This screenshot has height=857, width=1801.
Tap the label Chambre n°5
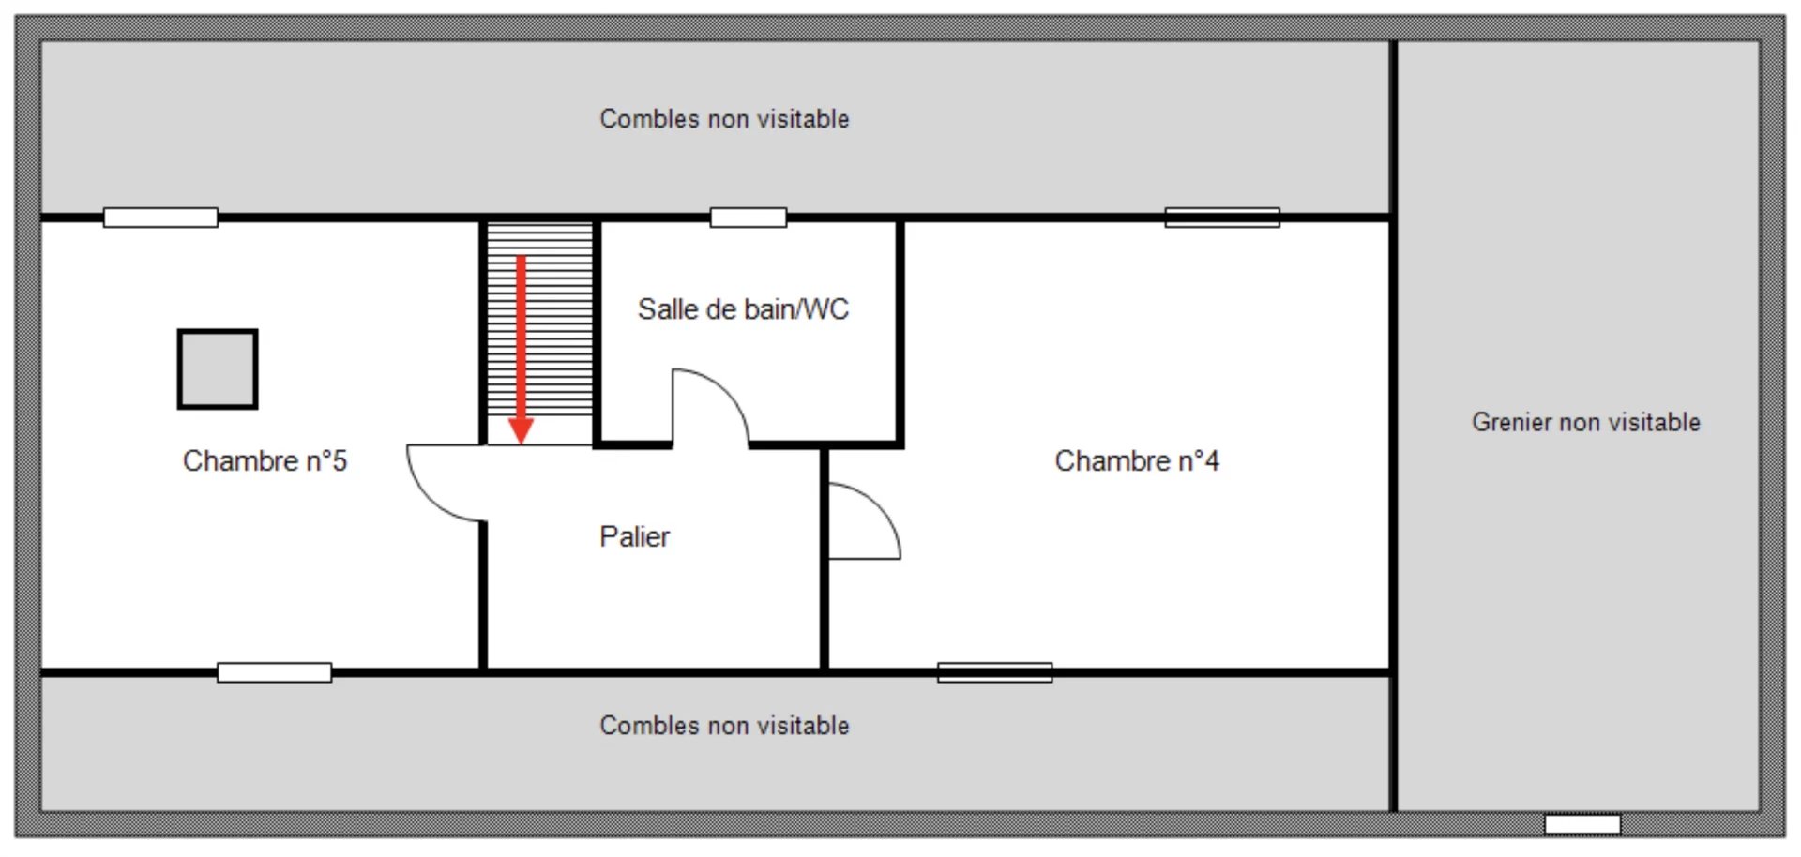tap(265, 460)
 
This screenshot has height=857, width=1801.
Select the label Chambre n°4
tap(1137, 460)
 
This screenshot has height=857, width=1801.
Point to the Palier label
tap(634, 536)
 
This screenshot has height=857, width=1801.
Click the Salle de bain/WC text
tap(743, 308)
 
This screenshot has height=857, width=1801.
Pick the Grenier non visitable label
tap(1585, 422)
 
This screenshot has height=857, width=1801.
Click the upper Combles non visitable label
tap(724, 119)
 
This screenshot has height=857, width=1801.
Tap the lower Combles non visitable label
tap(724, 726)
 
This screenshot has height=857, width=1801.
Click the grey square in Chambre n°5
tap(218, 368)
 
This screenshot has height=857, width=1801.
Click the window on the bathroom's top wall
tap(748, 218)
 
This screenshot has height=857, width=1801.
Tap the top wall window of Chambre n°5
tap(160, 218)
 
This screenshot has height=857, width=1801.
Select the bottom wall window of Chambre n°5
tap(274, 672)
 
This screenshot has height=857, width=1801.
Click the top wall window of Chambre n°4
tap(1222, 218)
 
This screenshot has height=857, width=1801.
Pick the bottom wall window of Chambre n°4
tap(994, 672)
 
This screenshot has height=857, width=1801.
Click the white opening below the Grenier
tap(1582, 824)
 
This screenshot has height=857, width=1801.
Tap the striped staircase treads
tap(540, 319)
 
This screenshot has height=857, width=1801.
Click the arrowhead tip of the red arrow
tap(521, 444)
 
